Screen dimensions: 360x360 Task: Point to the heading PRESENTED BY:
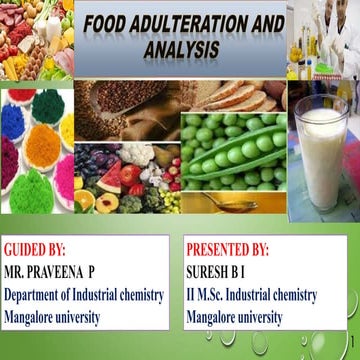227,249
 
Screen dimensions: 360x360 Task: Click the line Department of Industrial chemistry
81,295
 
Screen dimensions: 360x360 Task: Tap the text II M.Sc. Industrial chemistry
251,295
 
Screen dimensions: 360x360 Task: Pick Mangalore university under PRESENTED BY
234,318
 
